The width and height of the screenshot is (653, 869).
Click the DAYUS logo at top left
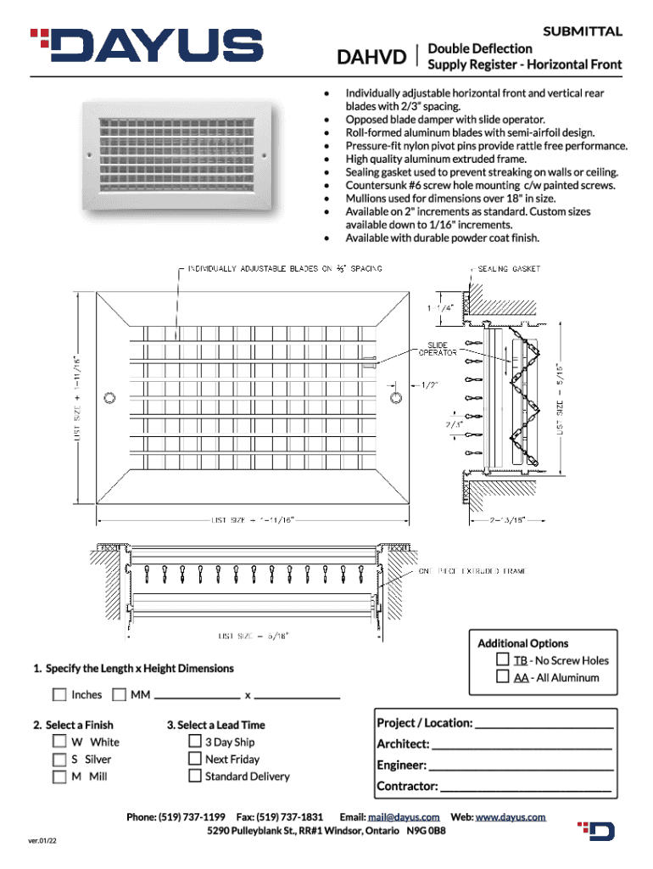(x=147, y=46)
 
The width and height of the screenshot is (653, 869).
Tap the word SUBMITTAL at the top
(x=583, y=31)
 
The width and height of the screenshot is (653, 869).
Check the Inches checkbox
(x=59, y=695)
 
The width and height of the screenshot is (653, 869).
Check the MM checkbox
(x=119, y=695)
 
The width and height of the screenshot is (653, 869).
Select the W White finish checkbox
(x=59, y=742)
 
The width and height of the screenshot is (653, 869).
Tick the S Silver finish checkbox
(x=59, y=760)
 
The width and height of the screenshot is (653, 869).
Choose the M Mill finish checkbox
(x=59, y=776)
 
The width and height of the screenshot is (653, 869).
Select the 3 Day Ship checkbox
(x=194, y=742)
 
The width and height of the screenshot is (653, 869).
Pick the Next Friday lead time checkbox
(x=194, y=759)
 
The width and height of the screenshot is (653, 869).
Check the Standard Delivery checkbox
(x=194, y=776)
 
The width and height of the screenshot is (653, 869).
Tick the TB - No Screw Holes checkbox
(x=503, y=659)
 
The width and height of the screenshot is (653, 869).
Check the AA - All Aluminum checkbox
(x=503, y=676)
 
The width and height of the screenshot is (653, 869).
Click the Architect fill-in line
(x=521, y=746)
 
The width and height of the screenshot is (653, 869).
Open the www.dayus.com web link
(x=511, y=816)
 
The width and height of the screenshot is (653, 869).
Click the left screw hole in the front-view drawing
(x=108, y=397)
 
